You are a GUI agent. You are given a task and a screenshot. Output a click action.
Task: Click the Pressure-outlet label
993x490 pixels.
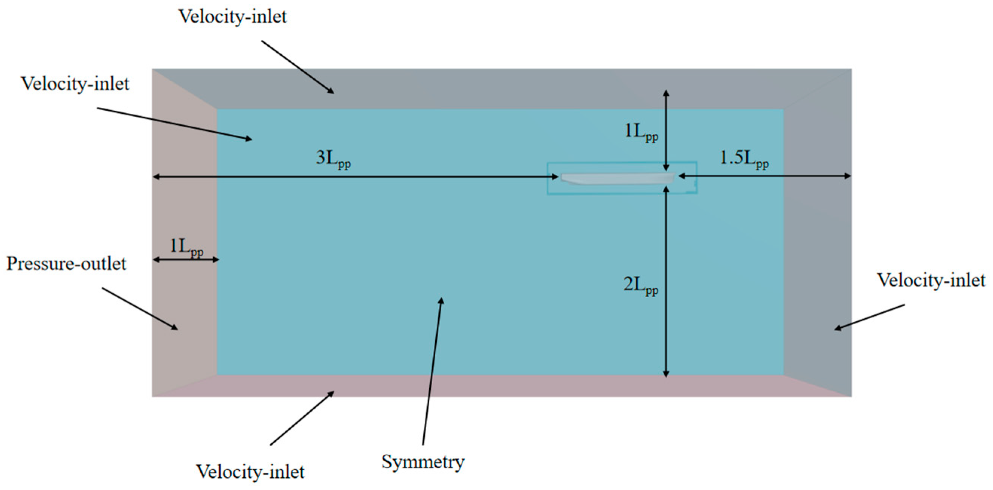click(66, 264)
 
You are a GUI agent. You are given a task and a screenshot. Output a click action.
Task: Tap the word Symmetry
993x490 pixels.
click(423, 462)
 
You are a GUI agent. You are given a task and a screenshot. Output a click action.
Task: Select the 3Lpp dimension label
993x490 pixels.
click(333, 159)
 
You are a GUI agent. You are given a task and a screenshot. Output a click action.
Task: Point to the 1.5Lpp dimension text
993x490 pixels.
click(744, 159)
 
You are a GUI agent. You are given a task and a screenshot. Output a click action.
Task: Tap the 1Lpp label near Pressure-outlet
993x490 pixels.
click(186, 247)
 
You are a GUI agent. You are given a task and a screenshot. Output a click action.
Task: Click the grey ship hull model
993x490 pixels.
click(618, 179)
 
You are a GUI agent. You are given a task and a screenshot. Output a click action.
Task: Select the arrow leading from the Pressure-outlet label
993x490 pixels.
click(140, 309)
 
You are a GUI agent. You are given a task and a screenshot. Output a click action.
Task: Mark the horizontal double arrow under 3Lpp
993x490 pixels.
click(355, 177)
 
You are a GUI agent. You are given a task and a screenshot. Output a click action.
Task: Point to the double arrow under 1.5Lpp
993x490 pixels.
click(764, 176)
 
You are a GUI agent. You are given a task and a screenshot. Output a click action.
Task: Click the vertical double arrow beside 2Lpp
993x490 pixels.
click(666, 282)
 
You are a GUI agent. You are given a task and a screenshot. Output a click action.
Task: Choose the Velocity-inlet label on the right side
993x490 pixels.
click(931, 280)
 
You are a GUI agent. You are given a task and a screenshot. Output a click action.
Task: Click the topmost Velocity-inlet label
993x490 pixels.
click(232, 17)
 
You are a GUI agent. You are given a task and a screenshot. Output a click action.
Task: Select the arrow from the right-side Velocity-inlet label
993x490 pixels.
click(869, 317)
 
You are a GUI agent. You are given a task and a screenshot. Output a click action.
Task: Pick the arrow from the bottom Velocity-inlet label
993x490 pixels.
click(302, 418)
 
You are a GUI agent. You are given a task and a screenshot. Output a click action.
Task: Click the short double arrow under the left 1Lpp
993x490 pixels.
click(186, 260)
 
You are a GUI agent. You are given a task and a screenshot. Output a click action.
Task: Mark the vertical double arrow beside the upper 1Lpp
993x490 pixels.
click(666, 131)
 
